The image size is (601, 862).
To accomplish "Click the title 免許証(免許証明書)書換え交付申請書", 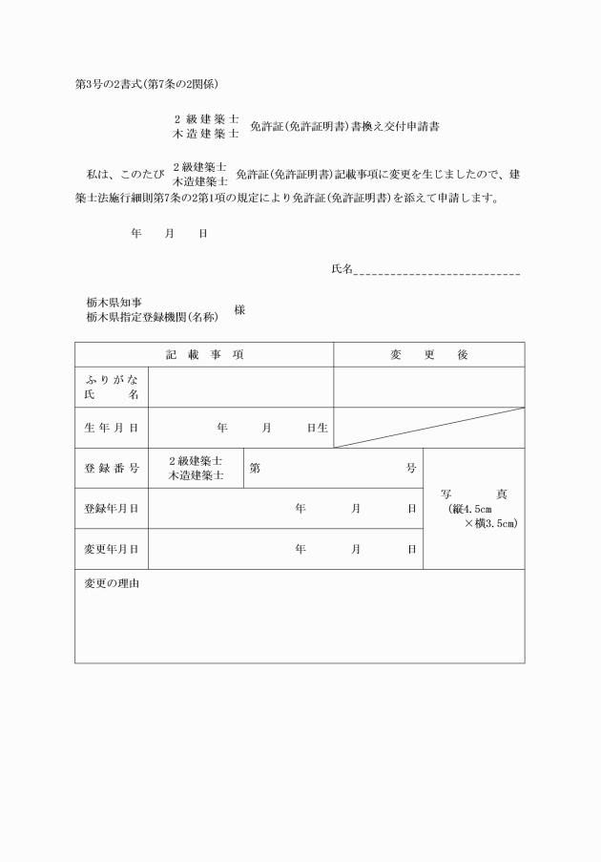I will coord(343,126).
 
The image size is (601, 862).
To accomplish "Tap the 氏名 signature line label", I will coord(342,269).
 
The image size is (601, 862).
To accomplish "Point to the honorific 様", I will coord(239,310).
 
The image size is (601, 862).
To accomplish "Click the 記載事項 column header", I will coord(204,354).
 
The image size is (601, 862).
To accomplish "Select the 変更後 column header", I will coord(428,354).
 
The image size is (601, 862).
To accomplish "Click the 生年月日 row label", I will coord(112,428).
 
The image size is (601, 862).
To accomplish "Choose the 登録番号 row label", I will coord(112,468).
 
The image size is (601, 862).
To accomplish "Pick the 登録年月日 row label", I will coord(112,509).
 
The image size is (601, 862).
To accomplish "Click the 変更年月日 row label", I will coord(112,549).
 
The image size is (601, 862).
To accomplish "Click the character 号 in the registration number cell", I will coord(411,468).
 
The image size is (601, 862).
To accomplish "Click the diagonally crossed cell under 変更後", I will coord(428,428).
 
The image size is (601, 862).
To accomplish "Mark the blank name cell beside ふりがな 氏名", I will coord(240,387).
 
